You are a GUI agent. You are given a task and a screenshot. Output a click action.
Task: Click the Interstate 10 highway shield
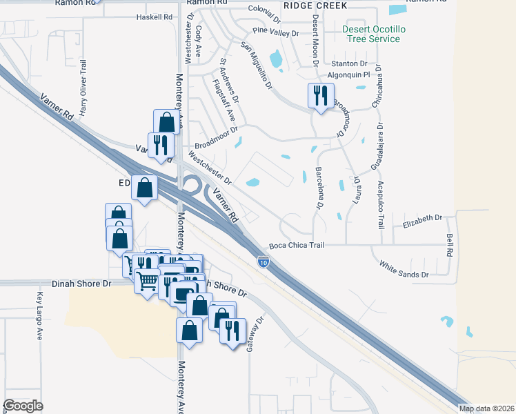(x=263, y=261)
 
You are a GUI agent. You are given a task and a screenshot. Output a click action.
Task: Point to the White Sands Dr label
(x=404, y=268)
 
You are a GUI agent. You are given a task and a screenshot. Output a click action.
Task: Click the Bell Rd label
(x=450, y=245)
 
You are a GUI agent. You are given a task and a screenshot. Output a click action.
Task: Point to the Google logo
(x=23, y=406)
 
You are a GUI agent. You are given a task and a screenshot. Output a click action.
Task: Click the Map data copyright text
(x=486, y=408)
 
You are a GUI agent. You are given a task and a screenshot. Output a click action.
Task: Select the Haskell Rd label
(x=153, y=16)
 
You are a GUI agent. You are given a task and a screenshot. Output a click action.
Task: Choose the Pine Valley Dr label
(x=275, y=32)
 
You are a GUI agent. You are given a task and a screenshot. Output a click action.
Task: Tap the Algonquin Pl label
(x=348, y=74)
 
